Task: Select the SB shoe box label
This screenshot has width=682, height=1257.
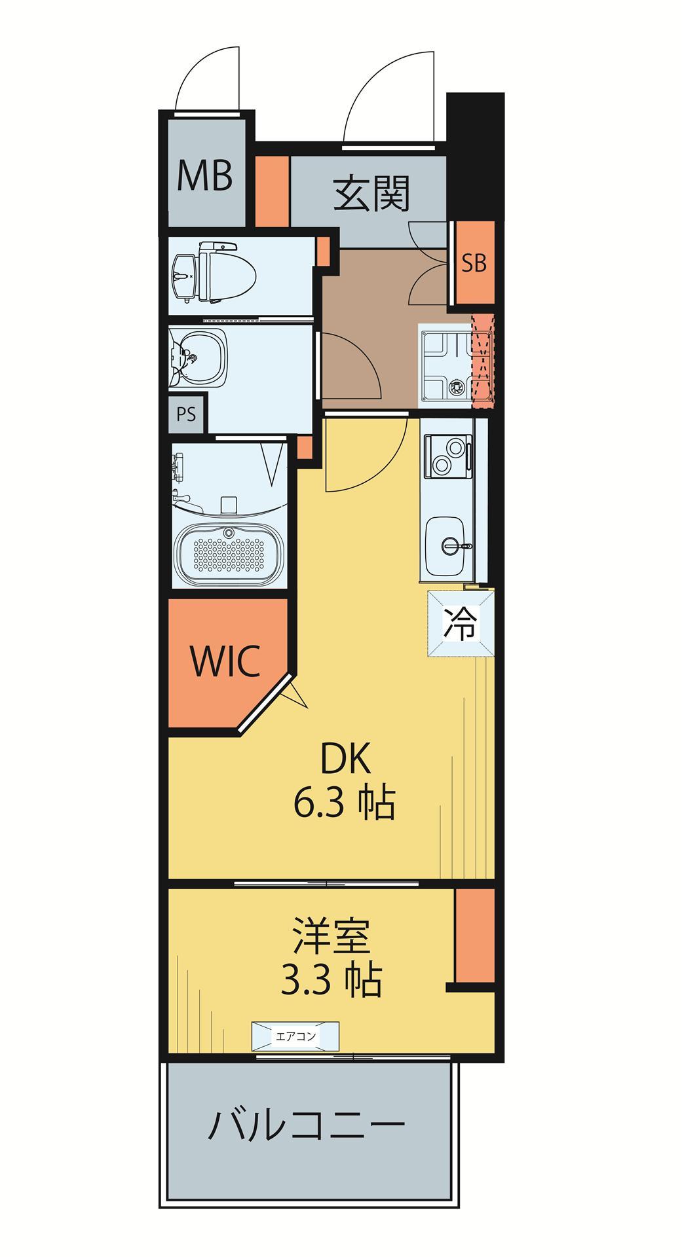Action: [x=474, y=263]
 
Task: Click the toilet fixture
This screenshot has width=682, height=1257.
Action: [x=212, y=272]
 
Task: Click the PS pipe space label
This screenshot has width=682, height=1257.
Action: [x=186, y=414]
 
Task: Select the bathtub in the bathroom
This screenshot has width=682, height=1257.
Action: [x=229, y=553]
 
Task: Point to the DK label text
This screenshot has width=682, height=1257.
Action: [x=345, y=759]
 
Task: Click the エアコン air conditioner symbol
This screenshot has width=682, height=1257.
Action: [x=295, y=1036]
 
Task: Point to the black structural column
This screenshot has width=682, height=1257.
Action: [x=476, y=157]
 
